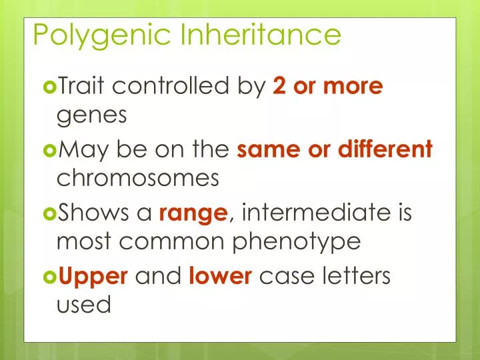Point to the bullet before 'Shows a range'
tap(50, 213)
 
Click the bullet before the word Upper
tap(50, 276)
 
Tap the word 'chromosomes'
tap(138, 179)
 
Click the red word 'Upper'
tap(93, 277)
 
